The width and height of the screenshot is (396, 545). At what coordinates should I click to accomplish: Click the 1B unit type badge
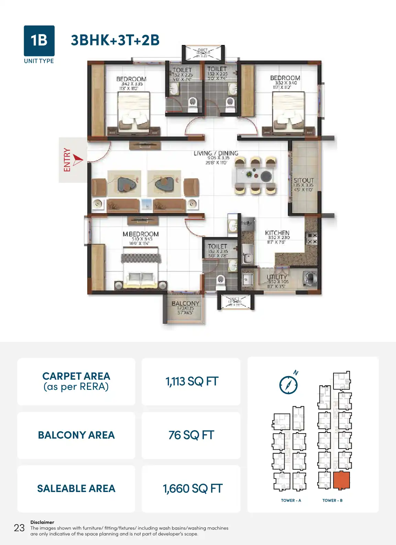[39, 41]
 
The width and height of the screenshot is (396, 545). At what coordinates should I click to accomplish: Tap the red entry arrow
[78, 160]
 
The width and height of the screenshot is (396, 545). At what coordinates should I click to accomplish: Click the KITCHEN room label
[277, 233]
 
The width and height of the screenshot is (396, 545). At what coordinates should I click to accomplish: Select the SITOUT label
[304, 180]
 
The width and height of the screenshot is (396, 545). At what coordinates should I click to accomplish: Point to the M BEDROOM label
[141, 234]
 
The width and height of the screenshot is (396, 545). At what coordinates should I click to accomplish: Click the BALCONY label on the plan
[185, 303]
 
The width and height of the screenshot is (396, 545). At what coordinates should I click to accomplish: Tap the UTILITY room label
[277, 277]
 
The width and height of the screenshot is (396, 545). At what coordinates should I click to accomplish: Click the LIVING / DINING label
[216, 153]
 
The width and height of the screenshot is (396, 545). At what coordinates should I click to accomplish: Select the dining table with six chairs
[256, 175]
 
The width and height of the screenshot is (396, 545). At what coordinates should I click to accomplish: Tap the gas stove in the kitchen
[311, 238]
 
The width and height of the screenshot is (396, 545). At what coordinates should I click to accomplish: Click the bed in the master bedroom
[141, 270]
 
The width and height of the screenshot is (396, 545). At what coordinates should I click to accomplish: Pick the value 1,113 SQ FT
[191, 382]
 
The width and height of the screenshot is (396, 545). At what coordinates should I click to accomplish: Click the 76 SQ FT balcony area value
[191, 435]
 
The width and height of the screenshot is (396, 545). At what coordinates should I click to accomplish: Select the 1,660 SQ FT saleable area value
[192, 489]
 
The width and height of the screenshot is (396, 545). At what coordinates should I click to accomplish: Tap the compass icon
[288, 384]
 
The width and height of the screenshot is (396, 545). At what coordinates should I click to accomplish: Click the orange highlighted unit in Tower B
[341, 480]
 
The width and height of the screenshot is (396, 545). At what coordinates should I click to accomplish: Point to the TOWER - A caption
[291, 501]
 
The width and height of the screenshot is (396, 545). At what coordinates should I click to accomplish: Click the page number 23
[19, 528]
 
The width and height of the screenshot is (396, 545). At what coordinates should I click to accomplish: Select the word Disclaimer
[42, 522]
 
